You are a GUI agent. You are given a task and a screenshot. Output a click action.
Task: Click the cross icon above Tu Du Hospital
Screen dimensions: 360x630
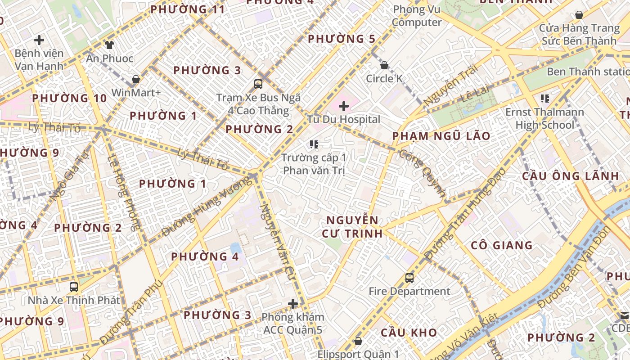344,106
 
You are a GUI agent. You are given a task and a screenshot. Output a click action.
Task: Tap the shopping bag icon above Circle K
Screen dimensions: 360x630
384,65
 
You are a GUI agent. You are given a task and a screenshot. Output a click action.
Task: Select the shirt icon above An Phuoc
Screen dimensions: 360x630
109,45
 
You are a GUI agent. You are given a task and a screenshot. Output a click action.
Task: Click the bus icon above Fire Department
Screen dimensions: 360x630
409,278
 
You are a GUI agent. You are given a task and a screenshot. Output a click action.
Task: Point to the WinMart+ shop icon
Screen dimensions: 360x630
135,79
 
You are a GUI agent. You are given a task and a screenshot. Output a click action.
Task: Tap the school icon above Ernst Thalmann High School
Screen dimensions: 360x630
545,98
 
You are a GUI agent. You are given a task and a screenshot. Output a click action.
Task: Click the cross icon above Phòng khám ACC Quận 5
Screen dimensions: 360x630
293,304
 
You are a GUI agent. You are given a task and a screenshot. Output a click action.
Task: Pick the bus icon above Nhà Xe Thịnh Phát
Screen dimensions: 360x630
74,287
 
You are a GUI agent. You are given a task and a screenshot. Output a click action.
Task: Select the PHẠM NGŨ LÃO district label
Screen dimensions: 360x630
441,136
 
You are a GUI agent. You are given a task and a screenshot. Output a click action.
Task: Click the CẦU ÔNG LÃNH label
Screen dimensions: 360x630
570,176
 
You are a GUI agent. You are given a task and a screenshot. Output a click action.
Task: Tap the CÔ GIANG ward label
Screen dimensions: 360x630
501,245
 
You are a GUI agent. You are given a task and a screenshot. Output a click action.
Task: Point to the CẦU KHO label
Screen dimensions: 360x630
409,333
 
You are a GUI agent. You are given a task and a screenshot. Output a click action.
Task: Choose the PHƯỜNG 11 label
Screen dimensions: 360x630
187,9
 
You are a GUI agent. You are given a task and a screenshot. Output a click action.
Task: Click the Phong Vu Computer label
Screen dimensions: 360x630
417,16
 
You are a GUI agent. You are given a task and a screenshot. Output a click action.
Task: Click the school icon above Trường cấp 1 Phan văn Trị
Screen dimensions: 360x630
314,144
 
